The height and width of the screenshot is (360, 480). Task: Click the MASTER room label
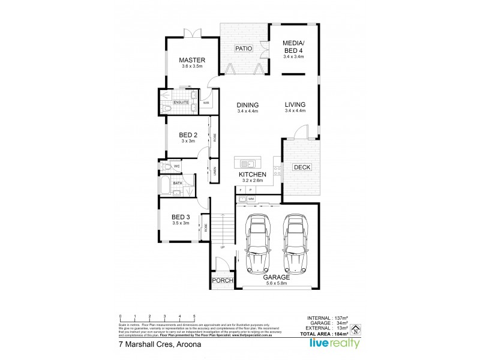click(x=192, y=61)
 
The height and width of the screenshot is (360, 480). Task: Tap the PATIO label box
click(x=243, y=48)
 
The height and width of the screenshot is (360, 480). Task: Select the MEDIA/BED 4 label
click(x=294, y=46)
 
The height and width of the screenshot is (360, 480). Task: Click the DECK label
click(x=301, y=167)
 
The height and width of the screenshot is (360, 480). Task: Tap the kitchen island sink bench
click(x=247, y=163)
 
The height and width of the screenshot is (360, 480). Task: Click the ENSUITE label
click(x=181, y=103)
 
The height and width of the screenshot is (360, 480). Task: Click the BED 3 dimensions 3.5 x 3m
click(x=180, y=223)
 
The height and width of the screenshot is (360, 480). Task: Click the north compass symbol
click(x=355, y=328)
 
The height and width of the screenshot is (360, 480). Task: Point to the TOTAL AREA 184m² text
click(x=332, y=333)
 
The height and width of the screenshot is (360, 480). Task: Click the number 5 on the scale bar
click(x=194, y=316)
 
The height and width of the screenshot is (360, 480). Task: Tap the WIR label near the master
click(x=206, y=103)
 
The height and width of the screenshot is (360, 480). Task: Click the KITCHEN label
click(x=253, y=174)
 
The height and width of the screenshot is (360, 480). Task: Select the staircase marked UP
click(x=221, y=231)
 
